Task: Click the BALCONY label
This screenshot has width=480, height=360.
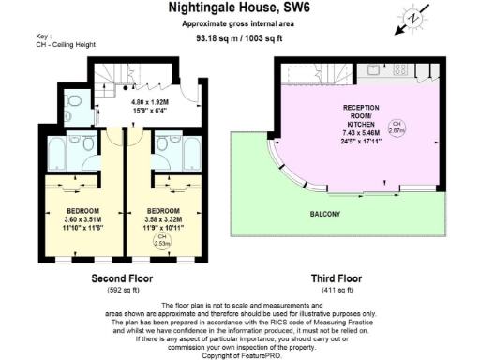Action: (326, 215)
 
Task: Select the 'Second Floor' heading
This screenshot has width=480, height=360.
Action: (122, 278)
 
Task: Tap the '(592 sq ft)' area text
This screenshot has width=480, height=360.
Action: (122, 291)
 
